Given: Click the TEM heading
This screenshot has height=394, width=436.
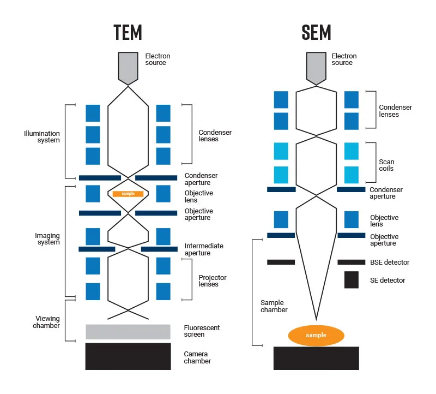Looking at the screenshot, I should (128, 32).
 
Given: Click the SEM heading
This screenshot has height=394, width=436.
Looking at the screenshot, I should (316, 32).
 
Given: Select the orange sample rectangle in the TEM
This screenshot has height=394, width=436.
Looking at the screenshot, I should (128, 194).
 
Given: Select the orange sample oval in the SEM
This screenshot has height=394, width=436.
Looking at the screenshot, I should (316, 335).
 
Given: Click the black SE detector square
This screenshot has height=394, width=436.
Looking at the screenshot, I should (351, 280).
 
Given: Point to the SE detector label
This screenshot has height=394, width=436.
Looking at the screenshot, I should (387, 280).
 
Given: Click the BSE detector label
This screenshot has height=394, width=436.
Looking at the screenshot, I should (389, 262).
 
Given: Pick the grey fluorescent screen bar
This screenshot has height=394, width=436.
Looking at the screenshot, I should (128, 332).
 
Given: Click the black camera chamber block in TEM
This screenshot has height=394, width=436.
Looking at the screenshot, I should (128, 356).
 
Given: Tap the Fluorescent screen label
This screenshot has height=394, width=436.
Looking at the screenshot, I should (202, 331).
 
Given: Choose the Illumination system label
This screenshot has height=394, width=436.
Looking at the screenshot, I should (42, 137).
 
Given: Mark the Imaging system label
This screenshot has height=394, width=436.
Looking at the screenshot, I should (47, 239).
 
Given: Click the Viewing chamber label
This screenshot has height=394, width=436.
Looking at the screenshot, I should (47, 322).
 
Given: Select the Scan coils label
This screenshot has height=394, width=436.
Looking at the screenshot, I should (386, 165).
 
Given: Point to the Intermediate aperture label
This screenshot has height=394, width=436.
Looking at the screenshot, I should (204, 249).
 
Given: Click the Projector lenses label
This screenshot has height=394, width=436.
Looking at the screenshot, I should (213, 281).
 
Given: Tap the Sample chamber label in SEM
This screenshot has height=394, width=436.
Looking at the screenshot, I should (274, 306).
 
